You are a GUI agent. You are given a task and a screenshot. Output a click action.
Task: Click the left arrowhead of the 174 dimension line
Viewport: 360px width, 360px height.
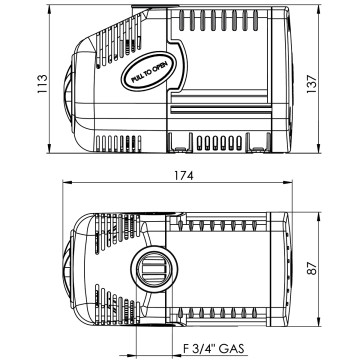67,185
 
